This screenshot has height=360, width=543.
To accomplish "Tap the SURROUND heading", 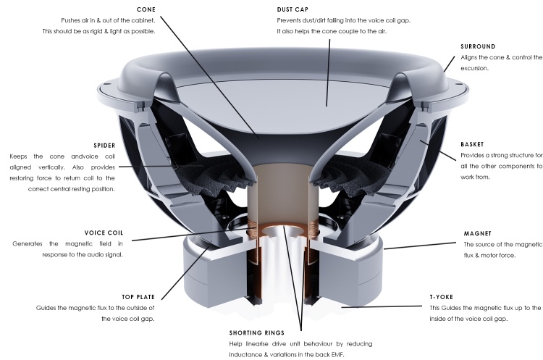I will pyautogui.click(x=479, y=47).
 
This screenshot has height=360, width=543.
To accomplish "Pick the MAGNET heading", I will pyautogui.click(x=477, y=233).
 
